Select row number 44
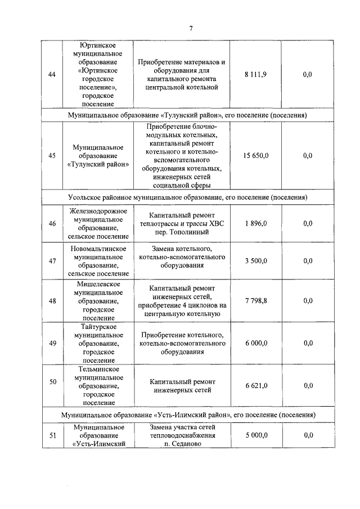(x=52, y=74)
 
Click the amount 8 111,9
(x=255, y=74)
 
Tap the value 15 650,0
(x=255, y=156)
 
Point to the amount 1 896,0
(x=256, y=223)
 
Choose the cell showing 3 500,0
(x=256, y=261)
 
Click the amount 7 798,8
(x=256, y=301)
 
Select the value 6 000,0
(x=256, y=343)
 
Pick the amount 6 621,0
(x=256, y=385)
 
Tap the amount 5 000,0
(x=256, y=435)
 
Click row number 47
(x=52, y=261)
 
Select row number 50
(x=52, y=382)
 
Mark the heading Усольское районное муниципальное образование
(x=140, y=198)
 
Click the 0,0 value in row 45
(x=307, y=156)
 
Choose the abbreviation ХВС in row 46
(x=216, y=223)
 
